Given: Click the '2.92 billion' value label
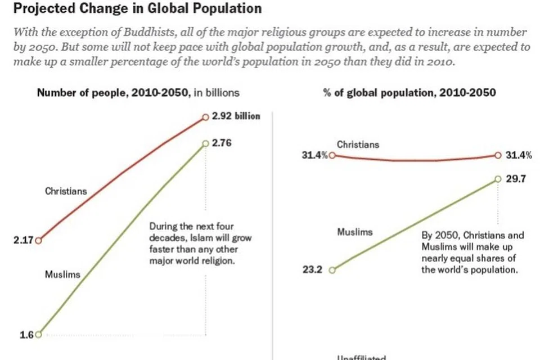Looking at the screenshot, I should click(236, 116).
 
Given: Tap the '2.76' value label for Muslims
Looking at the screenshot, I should click(222, 143).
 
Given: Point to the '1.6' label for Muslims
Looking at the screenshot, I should click(26, 335).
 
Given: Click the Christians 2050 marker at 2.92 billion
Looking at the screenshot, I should click(206, 117).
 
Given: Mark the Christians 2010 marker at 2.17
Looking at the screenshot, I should click(38, 241).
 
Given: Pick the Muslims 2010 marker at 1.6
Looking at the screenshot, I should click(38, 335).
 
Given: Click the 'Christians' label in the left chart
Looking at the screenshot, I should click(66, 191).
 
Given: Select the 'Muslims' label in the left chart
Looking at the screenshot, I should click(62, 275).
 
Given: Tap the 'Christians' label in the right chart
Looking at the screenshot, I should click(358, 145).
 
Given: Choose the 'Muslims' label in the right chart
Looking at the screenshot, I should click(354, 231).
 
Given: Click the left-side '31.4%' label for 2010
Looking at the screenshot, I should click(316, 155).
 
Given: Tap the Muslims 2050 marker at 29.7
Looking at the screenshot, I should click(498, 179).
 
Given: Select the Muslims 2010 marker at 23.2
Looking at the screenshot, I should click(332, 269).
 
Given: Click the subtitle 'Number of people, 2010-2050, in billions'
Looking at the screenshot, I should click(138, 93).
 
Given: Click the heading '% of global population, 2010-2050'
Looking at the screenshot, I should click(409, 93).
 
